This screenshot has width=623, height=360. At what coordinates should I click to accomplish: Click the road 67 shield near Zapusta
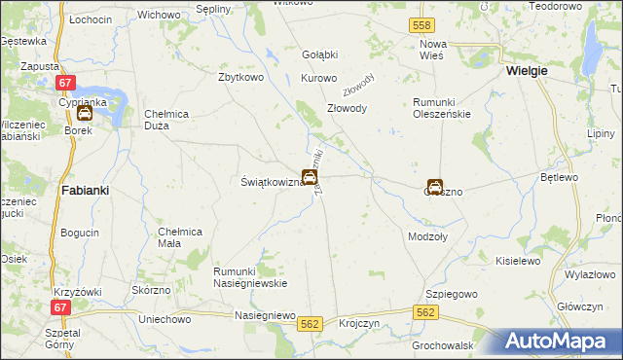click(x=65, y=85)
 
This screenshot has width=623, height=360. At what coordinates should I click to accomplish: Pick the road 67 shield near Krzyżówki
click(x=60, y=307)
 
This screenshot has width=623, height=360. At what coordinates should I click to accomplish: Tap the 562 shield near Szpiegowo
click(x=424, y=312)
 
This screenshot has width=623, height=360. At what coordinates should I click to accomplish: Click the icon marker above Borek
click(x=85, y=112)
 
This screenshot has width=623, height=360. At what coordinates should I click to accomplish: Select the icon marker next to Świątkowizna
click(x=309, y=177)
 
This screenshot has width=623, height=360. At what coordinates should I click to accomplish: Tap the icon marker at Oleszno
click(x=435, y=187)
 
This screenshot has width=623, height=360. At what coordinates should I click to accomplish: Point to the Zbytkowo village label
click(x=242, y=77)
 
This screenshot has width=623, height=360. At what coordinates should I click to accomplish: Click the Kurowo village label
click(x=318, y=78)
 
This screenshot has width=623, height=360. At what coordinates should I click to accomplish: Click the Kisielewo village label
click(x=518, y=262)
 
